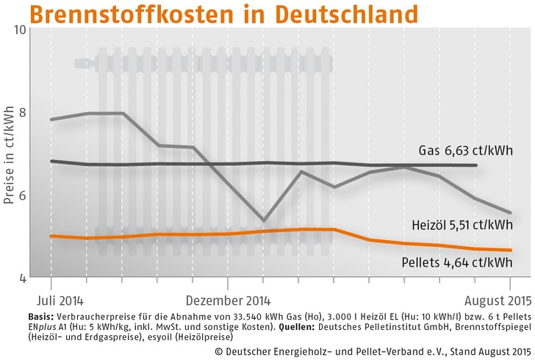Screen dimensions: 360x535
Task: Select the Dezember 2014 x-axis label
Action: pyautogui.click(x=228, y=300)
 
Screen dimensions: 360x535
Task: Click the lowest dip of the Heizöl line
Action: pyautogui.click(x=263, y=220)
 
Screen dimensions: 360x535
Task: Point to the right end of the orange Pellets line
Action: pyautogui.click(x=510, y=251)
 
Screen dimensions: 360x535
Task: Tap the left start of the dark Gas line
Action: pyautogui.click(x=51, y=161)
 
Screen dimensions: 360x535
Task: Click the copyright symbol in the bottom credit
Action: pyautogui.click(x=207, y=350)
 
